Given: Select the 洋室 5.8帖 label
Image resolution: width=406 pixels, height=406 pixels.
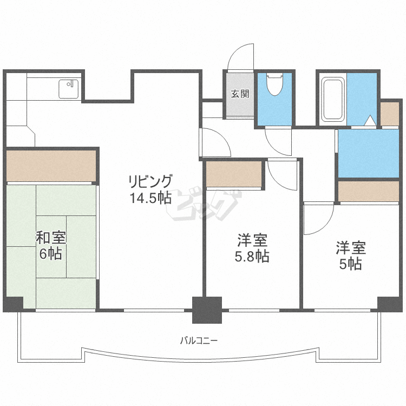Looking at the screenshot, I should tap(252, 247).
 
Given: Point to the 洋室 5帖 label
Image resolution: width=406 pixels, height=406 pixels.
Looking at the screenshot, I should tap(350, 256).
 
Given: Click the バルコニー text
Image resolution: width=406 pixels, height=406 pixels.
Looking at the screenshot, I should tap(199, 341).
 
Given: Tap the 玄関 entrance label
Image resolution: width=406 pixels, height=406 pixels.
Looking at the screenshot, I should tap(240, 94).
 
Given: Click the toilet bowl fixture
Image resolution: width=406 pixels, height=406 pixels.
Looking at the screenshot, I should tap(275, 85).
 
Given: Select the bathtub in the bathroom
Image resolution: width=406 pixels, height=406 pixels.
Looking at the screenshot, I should tap(332, 100).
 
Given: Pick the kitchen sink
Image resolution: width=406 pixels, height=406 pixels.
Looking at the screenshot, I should tap(69, 89).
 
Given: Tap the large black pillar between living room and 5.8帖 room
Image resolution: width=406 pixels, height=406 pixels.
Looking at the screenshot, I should tap(207, 310).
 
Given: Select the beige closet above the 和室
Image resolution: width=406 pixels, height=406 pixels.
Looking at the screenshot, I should tap(51, 166).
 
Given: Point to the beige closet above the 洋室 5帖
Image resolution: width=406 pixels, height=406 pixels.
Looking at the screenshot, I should tap(368, 191).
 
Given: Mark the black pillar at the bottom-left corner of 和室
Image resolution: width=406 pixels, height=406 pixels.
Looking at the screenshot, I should tap(13, 304).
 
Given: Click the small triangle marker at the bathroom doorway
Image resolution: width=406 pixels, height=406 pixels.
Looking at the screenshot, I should tap(370, 120).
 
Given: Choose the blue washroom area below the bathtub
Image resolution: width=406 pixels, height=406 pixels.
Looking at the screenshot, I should tap(368, 154).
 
